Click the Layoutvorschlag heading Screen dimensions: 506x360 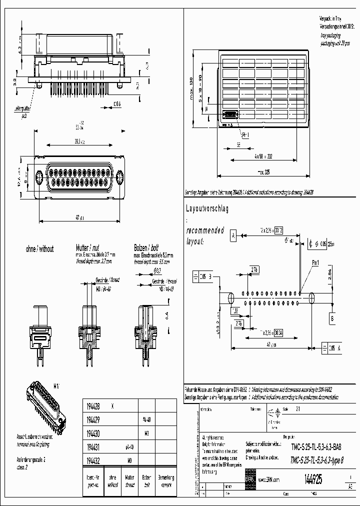coord(207,209)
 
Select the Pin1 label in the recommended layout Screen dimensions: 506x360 coord(315,262)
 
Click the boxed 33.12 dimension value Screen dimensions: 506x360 coord(278,230)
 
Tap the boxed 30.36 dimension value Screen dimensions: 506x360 coord(278,332)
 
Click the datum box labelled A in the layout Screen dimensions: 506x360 coord(233,234)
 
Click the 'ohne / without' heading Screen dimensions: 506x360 coord(39,248)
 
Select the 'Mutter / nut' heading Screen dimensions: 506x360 coord(90,248)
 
